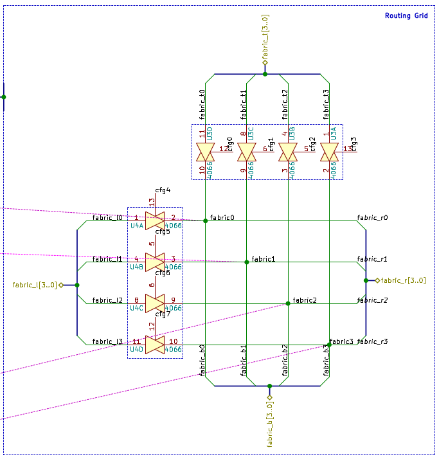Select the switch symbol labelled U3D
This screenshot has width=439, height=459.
205,152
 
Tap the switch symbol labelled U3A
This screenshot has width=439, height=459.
329,152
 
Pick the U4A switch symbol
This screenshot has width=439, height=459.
155,221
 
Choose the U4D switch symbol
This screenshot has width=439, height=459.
155,345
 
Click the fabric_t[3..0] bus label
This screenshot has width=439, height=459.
265,37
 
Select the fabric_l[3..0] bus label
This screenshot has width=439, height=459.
35,285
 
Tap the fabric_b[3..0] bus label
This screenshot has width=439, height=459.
270,424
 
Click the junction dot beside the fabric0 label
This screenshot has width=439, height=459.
205,221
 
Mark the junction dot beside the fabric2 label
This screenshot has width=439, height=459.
288,303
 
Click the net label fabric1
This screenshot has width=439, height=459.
263,259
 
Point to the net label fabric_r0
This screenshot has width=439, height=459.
372,218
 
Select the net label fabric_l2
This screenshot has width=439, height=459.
107,300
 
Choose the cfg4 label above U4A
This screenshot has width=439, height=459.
163,190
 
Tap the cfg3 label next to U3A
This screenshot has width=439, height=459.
354,144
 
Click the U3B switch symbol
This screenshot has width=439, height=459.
288,152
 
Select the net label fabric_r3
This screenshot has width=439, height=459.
372,341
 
